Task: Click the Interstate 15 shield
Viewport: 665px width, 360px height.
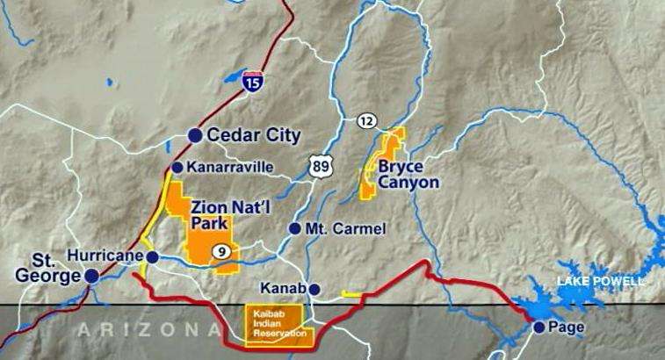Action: (253, 81)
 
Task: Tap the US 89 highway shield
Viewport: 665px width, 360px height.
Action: (319, 166)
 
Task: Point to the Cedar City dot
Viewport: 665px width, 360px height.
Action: (195, 135)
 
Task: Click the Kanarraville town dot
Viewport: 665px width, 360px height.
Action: (177, 167)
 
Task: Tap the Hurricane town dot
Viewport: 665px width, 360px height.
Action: (152, 257)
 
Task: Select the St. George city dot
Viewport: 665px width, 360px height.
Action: (90, 276)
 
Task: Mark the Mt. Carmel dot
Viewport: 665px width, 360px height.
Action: (294, 228)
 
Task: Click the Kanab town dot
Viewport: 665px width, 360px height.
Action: (314, 289)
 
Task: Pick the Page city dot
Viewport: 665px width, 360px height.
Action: (539, 328)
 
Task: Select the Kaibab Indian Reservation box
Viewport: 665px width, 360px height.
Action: (275, 325)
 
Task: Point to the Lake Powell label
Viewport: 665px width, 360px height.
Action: (601, 281)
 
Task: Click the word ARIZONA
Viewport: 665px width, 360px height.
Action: (148, 330)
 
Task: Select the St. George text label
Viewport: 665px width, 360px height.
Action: (45, 269)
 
